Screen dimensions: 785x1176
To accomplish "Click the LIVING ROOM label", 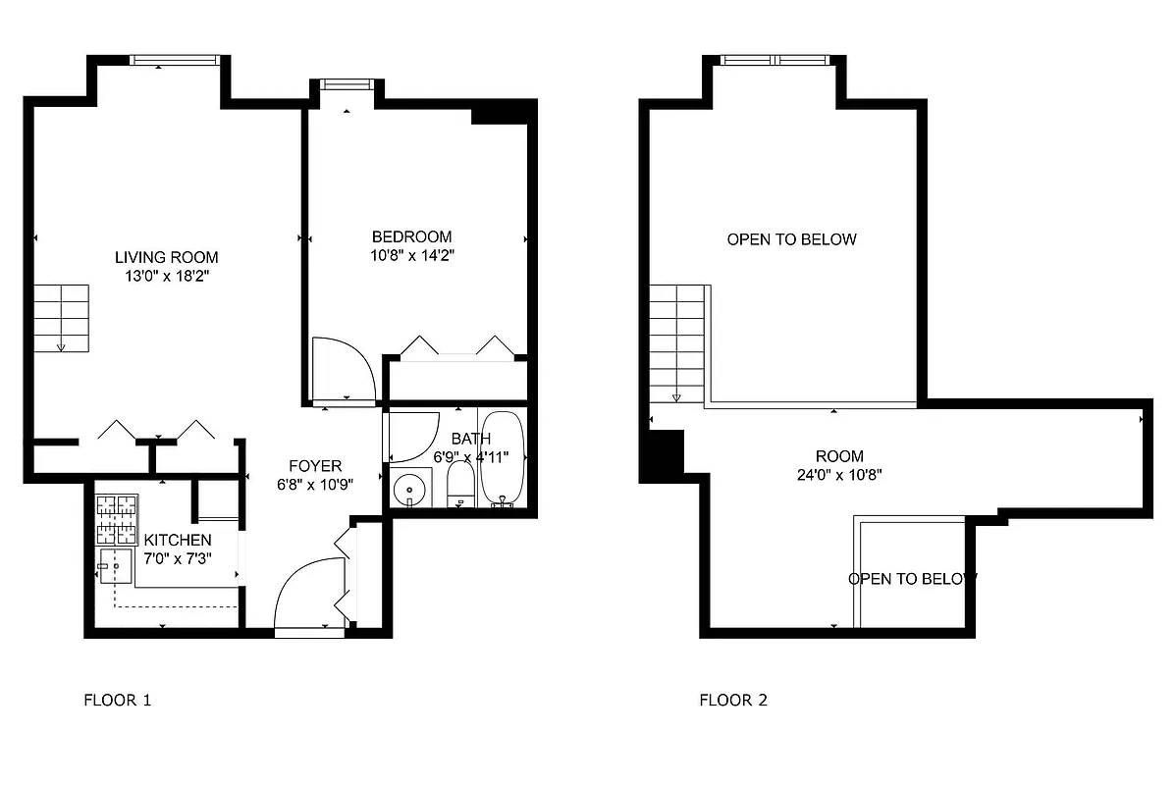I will (166, 257).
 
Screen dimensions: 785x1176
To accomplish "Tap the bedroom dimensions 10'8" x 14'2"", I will (411, 255).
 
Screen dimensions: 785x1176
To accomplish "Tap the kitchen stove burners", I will (116, 520).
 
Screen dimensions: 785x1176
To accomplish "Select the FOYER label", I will (314, 466).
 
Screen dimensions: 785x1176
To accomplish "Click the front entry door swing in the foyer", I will (308, 595).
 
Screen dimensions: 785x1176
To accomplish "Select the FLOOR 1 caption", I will (117, 701).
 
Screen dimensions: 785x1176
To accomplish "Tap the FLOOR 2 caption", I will (733, 701).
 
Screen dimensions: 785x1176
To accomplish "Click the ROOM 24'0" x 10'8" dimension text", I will (839, 475).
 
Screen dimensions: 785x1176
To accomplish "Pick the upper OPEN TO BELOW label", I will (791, 239).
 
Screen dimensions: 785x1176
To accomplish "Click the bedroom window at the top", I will (344, 84).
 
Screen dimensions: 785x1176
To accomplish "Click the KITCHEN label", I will (177, 540).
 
